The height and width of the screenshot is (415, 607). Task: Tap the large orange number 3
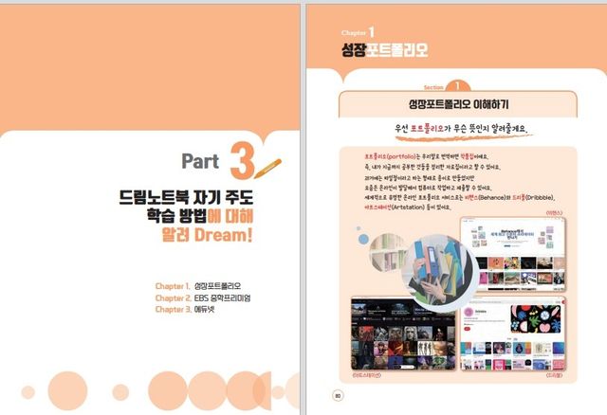coord(242,161)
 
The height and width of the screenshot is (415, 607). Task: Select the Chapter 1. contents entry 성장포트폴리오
coord(231,285)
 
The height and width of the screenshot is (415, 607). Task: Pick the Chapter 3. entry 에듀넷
coord(218,309)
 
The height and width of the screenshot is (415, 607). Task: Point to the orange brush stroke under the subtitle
coord(458,136)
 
